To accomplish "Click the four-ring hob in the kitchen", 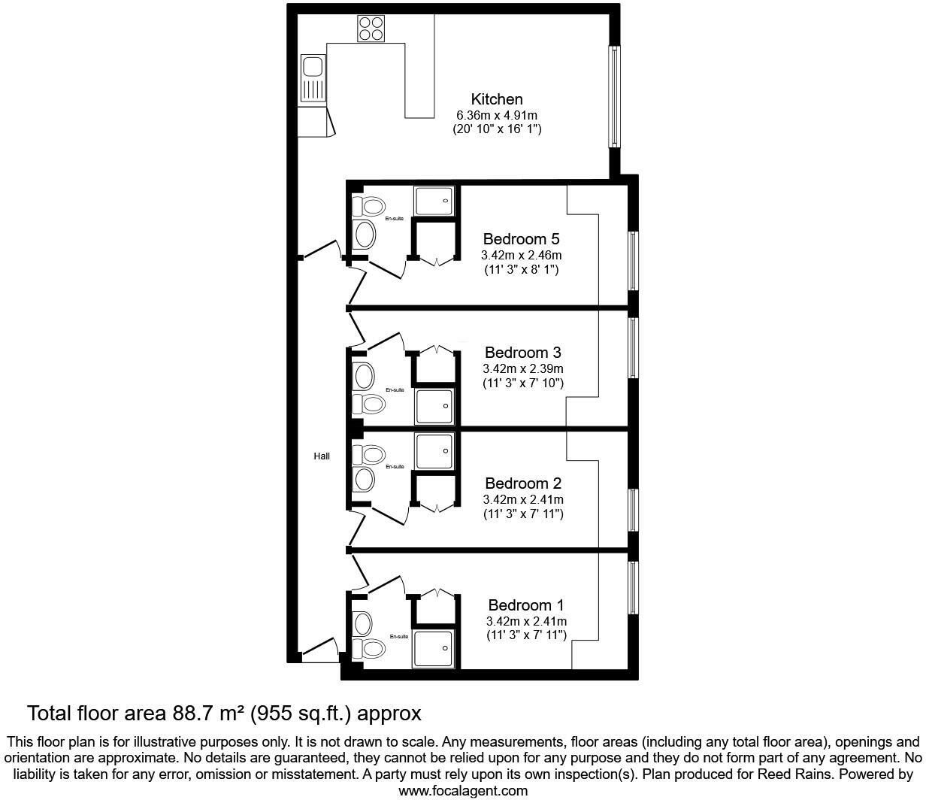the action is click(371, 29).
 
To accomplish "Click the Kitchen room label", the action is click(496, 98).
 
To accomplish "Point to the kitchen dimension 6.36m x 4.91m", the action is click(496, 115).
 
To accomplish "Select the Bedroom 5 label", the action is click(521, 238).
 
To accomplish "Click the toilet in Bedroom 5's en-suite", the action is click(369, 207).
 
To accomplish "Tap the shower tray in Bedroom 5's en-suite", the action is click(434, 202).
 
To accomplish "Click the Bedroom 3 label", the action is click(522, 353).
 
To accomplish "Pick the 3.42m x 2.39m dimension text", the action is click(522, 369).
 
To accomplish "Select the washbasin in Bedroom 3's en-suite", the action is click(363, 376).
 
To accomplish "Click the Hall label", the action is click(322, 456).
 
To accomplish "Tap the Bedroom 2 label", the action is click(523, 483).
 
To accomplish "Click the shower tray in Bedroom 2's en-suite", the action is click(434, 451).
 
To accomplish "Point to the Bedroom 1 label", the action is click(526, 605).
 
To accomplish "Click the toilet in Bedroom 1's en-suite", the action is click(369, 648).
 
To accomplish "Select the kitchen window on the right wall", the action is click(614, 96).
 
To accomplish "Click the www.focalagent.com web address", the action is click(463, 791).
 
